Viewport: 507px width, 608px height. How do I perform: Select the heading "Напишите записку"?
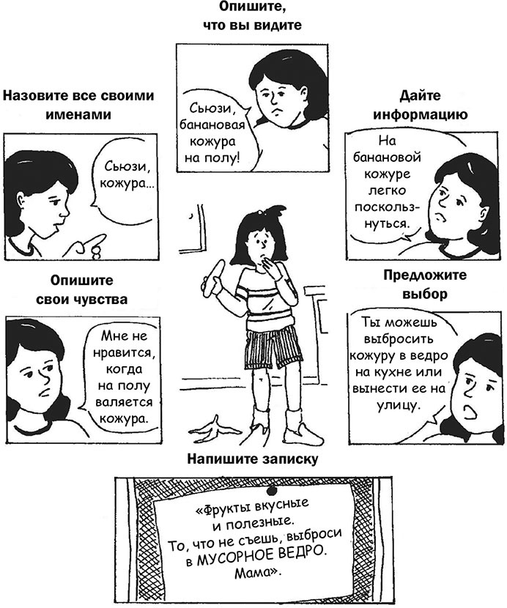coord(253,459)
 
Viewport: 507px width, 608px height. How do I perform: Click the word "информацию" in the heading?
coord(420,115)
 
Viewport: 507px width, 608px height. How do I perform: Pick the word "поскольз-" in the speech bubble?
coord(387,207)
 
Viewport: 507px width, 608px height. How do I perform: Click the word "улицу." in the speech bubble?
coord(399,405)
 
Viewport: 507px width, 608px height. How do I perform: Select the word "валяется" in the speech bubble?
coord(124,401)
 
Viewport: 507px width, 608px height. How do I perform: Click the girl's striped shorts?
coord(274,347)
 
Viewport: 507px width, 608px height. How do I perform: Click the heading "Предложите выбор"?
coord(425,284)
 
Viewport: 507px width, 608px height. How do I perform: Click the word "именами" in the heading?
coord(78,115)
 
